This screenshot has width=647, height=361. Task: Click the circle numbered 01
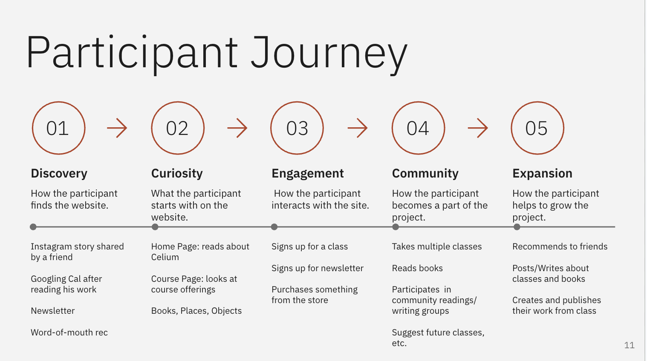point(58,128)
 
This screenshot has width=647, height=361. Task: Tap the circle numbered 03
point(297,128)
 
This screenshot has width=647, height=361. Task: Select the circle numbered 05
point(537,128)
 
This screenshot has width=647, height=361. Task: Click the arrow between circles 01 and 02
point(117,128)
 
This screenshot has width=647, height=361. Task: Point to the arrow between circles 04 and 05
point(478,128)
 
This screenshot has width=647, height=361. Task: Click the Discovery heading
point(59,174)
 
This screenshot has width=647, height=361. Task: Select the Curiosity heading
point(177,174)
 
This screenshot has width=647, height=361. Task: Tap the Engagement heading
point(308,174)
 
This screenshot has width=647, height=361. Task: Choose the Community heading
point(425,174)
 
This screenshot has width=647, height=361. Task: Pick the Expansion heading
point(542,174)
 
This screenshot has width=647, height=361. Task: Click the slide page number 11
point(629,345)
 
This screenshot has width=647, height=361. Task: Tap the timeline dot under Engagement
point(274,227)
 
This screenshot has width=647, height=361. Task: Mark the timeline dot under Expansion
point(517,227)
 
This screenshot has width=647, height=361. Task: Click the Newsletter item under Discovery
point(53,311)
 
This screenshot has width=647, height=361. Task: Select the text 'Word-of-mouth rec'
point(69,332)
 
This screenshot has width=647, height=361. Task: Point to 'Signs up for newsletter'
point(318,268)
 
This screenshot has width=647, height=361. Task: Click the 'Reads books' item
point(417,268)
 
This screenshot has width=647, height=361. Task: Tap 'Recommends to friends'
point(560,246)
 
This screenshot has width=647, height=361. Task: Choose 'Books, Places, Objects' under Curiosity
point(196,311)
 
